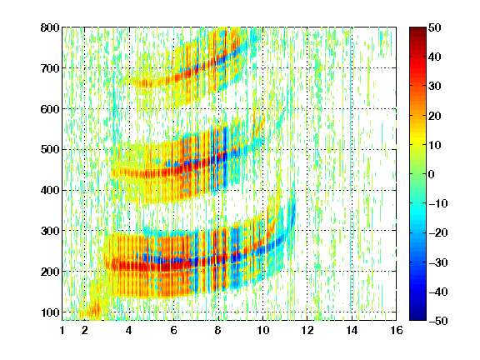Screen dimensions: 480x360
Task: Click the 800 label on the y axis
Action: point(50,27)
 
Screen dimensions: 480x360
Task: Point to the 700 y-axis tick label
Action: point(50,68)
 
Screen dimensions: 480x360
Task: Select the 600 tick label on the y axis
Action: point(50,109)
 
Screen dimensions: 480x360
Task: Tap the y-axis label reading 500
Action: point(50,150)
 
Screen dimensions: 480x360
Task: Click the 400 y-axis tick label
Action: point(50,190)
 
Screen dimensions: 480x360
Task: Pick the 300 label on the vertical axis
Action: point(50,231)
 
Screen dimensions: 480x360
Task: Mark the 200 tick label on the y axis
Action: point(50,272)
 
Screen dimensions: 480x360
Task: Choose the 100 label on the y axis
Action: point(50,312)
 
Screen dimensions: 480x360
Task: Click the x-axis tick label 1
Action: point(62,330)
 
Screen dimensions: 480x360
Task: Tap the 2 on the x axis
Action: point(84,330)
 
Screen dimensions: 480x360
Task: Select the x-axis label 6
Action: point(173,330)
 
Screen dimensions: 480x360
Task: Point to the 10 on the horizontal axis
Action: point(262,330)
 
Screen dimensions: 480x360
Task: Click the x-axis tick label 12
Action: point(307,330)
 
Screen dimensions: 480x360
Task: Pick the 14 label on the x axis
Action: point(352,330)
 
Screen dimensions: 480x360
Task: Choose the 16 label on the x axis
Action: point(397,330)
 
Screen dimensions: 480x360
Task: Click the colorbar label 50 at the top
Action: point(434,27)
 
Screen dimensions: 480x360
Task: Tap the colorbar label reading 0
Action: point(432,174)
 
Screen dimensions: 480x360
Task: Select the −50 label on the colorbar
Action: point(438,321)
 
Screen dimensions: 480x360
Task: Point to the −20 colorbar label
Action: point(438,232)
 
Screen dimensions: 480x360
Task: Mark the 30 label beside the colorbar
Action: point(434,87)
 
